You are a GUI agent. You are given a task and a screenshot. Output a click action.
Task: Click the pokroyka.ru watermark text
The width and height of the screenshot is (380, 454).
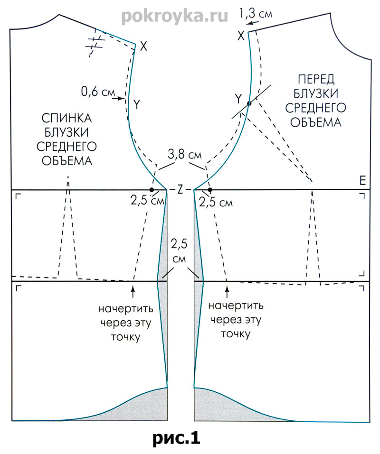(174, 16)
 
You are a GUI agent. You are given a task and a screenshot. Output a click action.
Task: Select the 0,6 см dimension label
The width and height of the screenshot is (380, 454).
(95, 92)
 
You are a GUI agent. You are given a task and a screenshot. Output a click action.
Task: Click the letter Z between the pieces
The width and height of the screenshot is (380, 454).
(180, 189)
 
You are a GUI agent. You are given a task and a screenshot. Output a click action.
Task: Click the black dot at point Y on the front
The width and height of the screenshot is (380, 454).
(248, 103)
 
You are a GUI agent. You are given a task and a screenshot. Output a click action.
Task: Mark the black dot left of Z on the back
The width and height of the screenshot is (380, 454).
(152, 189)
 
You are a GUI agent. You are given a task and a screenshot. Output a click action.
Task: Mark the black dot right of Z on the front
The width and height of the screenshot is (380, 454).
(209, 189)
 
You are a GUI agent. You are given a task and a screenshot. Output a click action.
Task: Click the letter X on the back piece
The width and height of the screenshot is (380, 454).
(144, 46)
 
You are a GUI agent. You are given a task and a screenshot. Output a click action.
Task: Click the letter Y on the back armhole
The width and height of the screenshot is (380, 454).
(137, 104)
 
